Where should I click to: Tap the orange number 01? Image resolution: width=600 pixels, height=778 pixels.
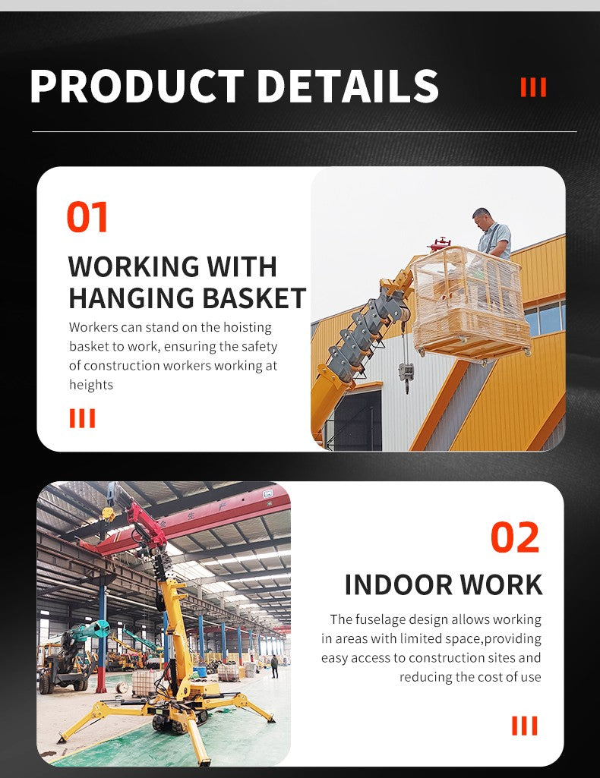click(x=87, y=217)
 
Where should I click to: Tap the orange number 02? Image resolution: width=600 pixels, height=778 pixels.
click(x=514, y=537)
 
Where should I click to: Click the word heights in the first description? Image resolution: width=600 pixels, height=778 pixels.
click(x=91, y=385)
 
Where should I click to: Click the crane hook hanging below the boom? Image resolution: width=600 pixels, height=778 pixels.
click(x=406, y=373)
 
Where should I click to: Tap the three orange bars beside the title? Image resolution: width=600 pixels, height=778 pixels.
click(x=533, y=87)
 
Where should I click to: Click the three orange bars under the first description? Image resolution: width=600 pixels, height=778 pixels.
click(x=82, y=418)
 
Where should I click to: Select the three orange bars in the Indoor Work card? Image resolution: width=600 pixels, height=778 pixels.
click(x=524, y=725)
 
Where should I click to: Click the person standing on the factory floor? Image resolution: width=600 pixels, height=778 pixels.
click(x=274, y=666)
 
